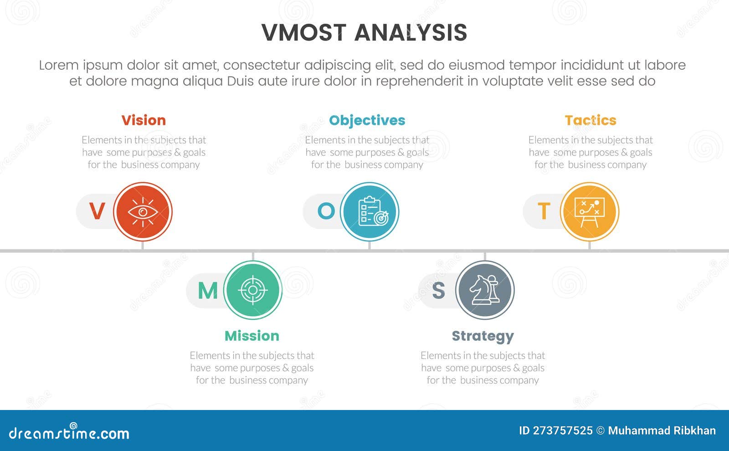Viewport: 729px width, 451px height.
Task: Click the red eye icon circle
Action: click(x=143, y=212)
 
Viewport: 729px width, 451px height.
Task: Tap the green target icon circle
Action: click(x=253, y=290)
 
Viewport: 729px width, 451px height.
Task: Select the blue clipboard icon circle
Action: click(x=370, y=212)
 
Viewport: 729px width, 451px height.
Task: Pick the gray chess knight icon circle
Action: click(x=485, y=290)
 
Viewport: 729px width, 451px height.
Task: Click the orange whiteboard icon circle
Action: click(x=590, y=212)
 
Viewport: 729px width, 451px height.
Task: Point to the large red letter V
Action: click(x=97, y=211)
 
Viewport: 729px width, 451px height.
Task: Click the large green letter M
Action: click(x=208, y=291)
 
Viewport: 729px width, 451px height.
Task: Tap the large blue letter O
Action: click(x=326, y=211)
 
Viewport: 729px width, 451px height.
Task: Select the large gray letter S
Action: click(x=438, y=291)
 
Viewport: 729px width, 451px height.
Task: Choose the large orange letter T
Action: click(x=544, y=211)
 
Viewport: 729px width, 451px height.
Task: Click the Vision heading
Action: click(x=144, y=120)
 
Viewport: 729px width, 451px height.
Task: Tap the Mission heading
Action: click(x=252, y=336)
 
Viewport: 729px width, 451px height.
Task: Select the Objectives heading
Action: click(x=367, y=120)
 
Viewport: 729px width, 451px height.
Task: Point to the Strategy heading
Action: click(x=483, y=336)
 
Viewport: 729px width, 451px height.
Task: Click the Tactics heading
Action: click(x=590, y=120)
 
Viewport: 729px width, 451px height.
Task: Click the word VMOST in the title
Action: click(x=304, y=33)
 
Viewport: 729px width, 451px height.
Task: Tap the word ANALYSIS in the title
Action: click(x=411, y=33)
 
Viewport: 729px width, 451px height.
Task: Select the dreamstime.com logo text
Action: click(x=69, y=433)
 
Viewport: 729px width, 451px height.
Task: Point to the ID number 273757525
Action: click(x=563, y=430)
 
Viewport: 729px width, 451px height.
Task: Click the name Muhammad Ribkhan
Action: click(x=662, y=430)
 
